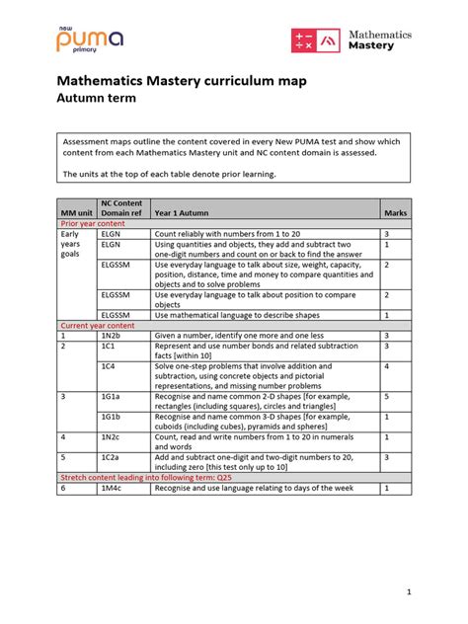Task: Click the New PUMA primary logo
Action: (x=89, y=39)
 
